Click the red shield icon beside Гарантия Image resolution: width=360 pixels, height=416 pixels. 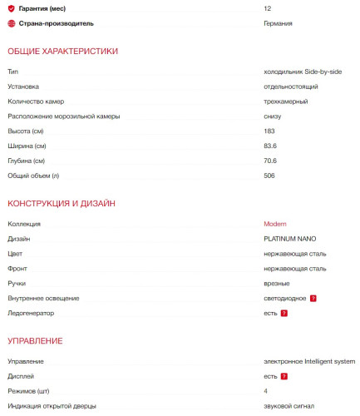pos(11,7)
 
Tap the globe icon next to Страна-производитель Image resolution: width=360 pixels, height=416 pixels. pos(11,23)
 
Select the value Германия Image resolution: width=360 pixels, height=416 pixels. pos(278,23)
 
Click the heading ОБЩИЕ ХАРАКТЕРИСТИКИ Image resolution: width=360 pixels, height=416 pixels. pos(62,52)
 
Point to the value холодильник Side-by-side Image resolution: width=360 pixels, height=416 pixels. pos(303,72)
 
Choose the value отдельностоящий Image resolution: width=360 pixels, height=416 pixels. pos(291,87)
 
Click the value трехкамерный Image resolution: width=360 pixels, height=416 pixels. pos(285,102)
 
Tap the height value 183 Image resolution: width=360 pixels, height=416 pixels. pos(269,131)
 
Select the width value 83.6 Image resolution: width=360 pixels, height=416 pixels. pos(270,146)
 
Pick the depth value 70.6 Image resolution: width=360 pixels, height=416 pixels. pos(270,161)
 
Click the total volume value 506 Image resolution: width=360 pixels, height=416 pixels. pos(269,176)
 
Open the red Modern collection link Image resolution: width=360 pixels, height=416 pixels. pos(275,224)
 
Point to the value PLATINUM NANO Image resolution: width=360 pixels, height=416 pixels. pos(289,239)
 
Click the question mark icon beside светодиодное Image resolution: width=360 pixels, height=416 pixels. pos(313,298)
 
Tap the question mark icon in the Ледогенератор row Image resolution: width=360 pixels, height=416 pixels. pos(284,313)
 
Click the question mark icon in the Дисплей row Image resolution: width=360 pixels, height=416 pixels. pos(284,376)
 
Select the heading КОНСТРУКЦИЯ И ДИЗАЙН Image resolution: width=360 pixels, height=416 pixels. pos(61,204)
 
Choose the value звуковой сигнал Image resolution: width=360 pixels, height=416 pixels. pos(289,406)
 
